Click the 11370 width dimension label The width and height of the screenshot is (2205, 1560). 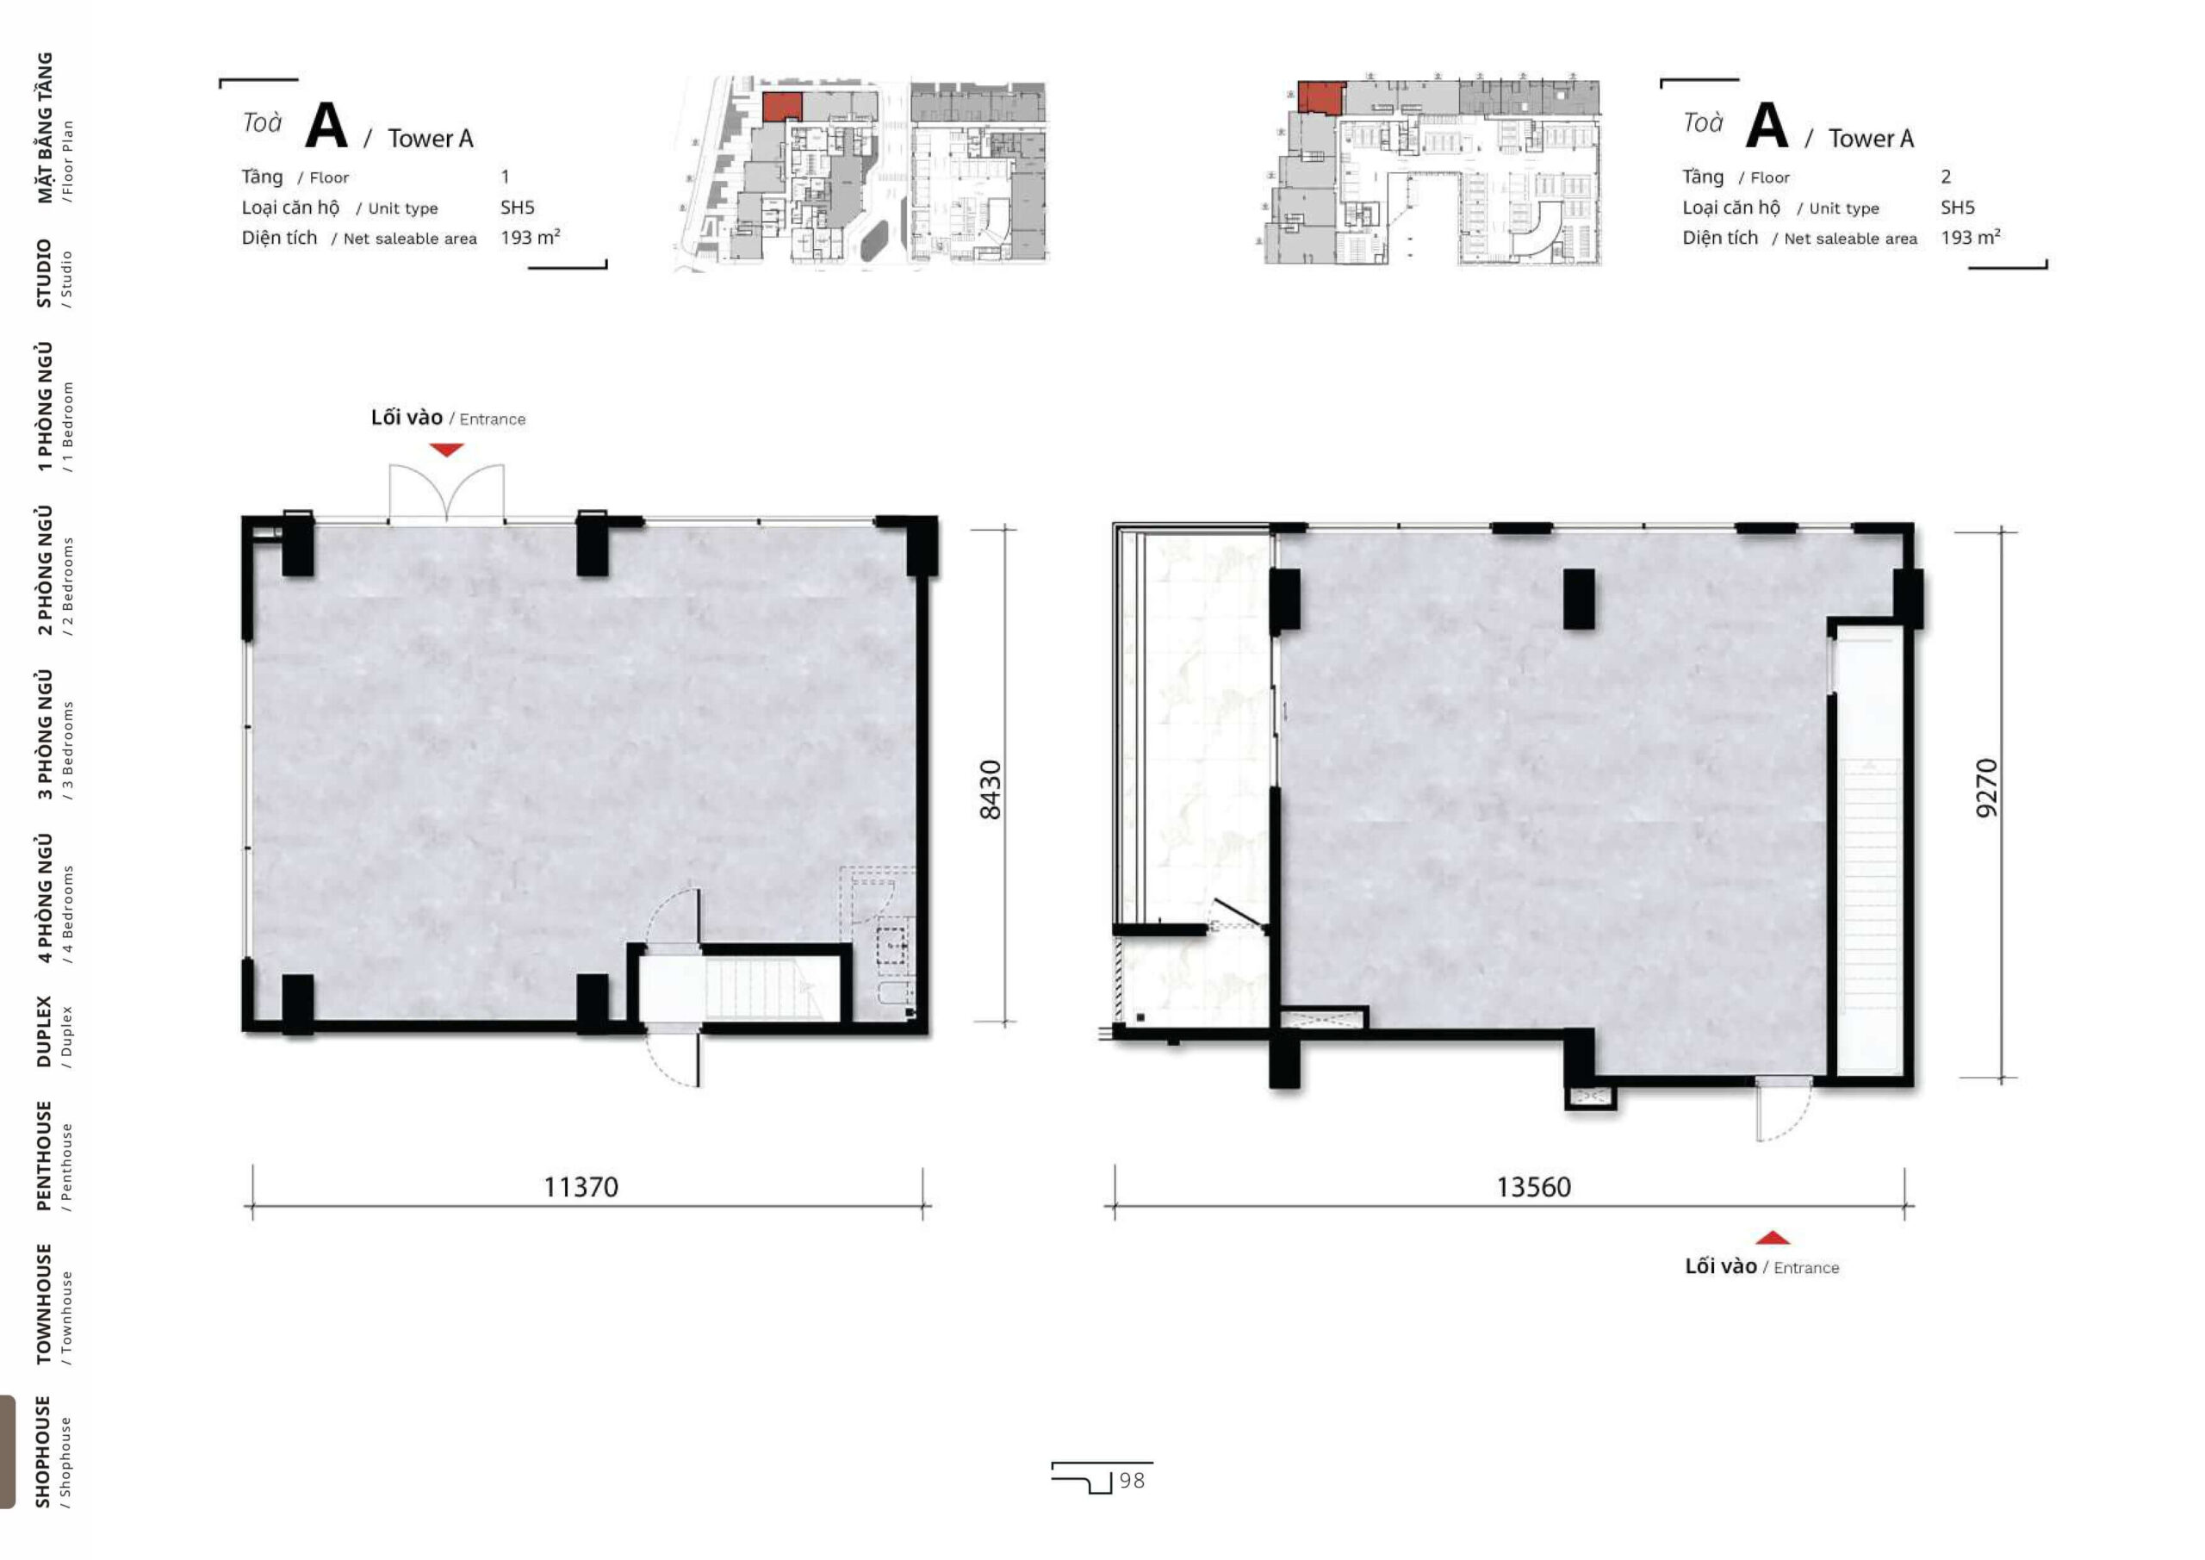coord(581,1187)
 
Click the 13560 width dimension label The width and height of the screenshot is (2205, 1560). coord(1534,1187)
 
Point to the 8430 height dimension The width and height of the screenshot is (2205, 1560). coord(991,790)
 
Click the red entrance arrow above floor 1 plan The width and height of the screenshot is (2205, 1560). coord(446,450)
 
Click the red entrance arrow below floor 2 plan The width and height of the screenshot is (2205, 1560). coord(1773,1237)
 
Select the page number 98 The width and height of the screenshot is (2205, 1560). coord(1133,1480)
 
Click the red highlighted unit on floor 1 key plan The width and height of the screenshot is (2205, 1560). coord(782,107)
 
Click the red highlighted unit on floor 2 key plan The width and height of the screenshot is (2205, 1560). coord(1321,98)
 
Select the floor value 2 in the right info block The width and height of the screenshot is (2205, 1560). coord(1946,177)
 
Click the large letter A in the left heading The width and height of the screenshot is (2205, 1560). coord(326,125)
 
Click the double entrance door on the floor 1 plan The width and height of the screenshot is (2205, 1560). coord(446,493)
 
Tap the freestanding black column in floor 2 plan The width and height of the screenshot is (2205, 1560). coord(1579,600)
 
